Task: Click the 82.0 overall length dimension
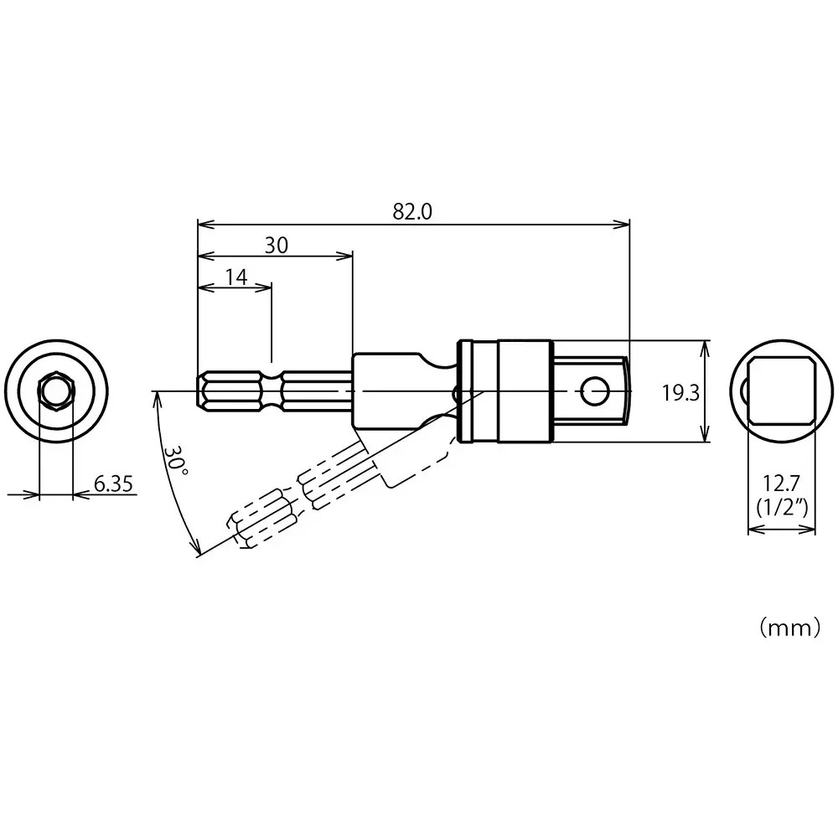[x=412, y=211]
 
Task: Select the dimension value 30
[x=277, y=245]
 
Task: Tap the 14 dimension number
[x=236, y=277]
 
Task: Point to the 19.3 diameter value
[x=680, y=392]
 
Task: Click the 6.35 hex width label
[x=114, y=484]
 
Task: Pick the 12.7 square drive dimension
[x=781, y=483]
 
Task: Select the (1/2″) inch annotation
[x=781, y=507]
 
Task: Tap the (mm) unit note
[x=789, y=628]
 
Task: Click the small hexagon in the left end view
[x=56, y=391]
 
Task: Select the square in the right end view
[x=781, y=391]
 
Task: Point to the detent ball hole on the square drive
[x=596, y=390]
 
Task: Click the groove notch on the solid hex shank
[x=272, y=391]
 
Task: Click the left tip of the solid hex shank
[x=199, y=391]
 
